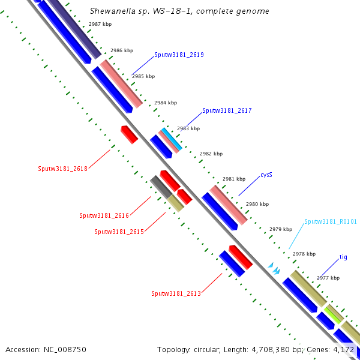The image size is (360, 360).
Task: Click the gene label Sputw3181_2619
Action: [x=179, y=55]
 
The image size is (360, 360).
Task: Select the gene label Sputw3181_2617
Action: [x=227, y=110]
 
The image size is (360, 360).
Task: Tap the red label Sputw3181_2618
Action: [x=62, y=169]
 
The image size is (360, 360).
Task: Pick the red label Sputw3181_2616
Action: [x=104, y=215]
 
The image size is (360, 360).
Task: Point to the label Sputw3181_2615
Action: [x=119, y=232]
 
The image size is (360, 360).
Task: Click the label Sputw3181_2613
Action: [x=176, y=293]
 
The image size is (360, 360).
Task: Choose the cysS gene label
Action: [x=266, y=176]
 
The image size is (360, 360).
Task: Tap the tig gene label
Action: [x=343, y=257]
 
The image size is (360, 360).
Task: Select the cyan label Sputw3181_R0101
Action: [x=331, y=221]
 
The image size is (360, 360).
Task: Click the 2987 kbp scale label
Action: [x=100, y=24]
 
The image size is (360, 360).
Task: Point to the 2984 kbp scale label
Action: [x=166, y=103]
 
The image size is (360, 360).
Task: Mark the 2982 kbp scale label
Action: [x=211, y=154]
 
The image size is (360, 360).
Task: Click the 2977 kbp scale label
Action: [x=328, y=278]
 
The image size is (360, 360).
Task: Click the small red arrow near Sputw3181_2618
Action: [x=130, y=134]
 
